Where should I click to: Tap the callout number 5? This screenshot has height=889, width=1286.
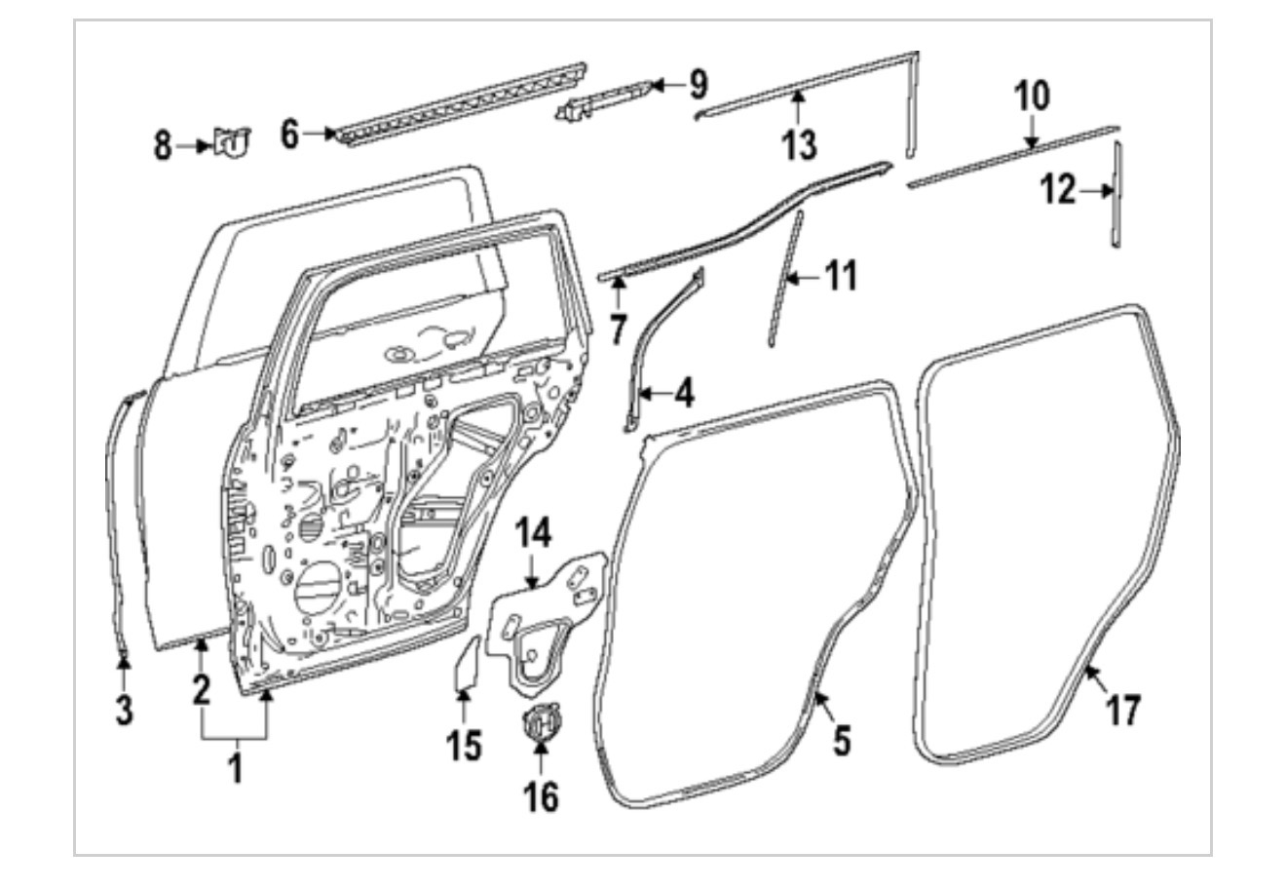coord(842,739)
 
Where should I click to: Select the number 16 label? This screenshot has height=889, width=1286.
coord(543,795)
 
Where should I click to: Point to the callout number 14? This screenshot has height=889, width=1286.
coord(534,533)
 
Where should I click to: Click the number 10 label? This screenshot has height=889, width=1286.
coord(1032,97)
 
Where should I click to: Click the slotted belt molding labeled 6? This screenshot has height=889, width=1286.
coord(458,102)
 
